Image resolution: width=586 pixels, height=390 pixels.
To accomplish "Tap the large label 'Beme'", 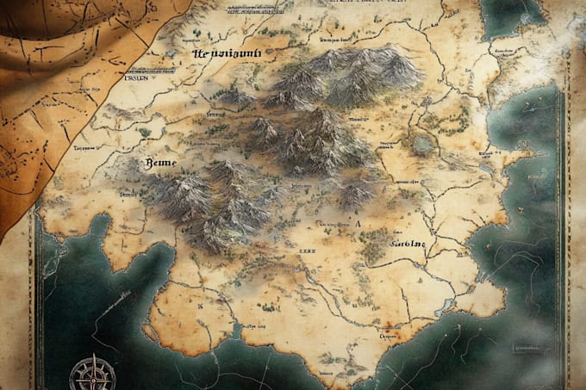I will point(157,163).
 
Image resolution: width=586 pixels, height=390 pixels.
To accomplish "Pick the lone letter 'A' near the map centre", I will point(356,222).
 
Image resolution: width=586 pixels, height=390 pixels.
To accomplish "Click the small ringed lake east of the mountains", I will point(421,143).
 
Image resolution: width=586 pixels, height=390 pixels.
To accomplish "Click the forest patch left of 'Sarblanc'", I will point(372,250).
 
